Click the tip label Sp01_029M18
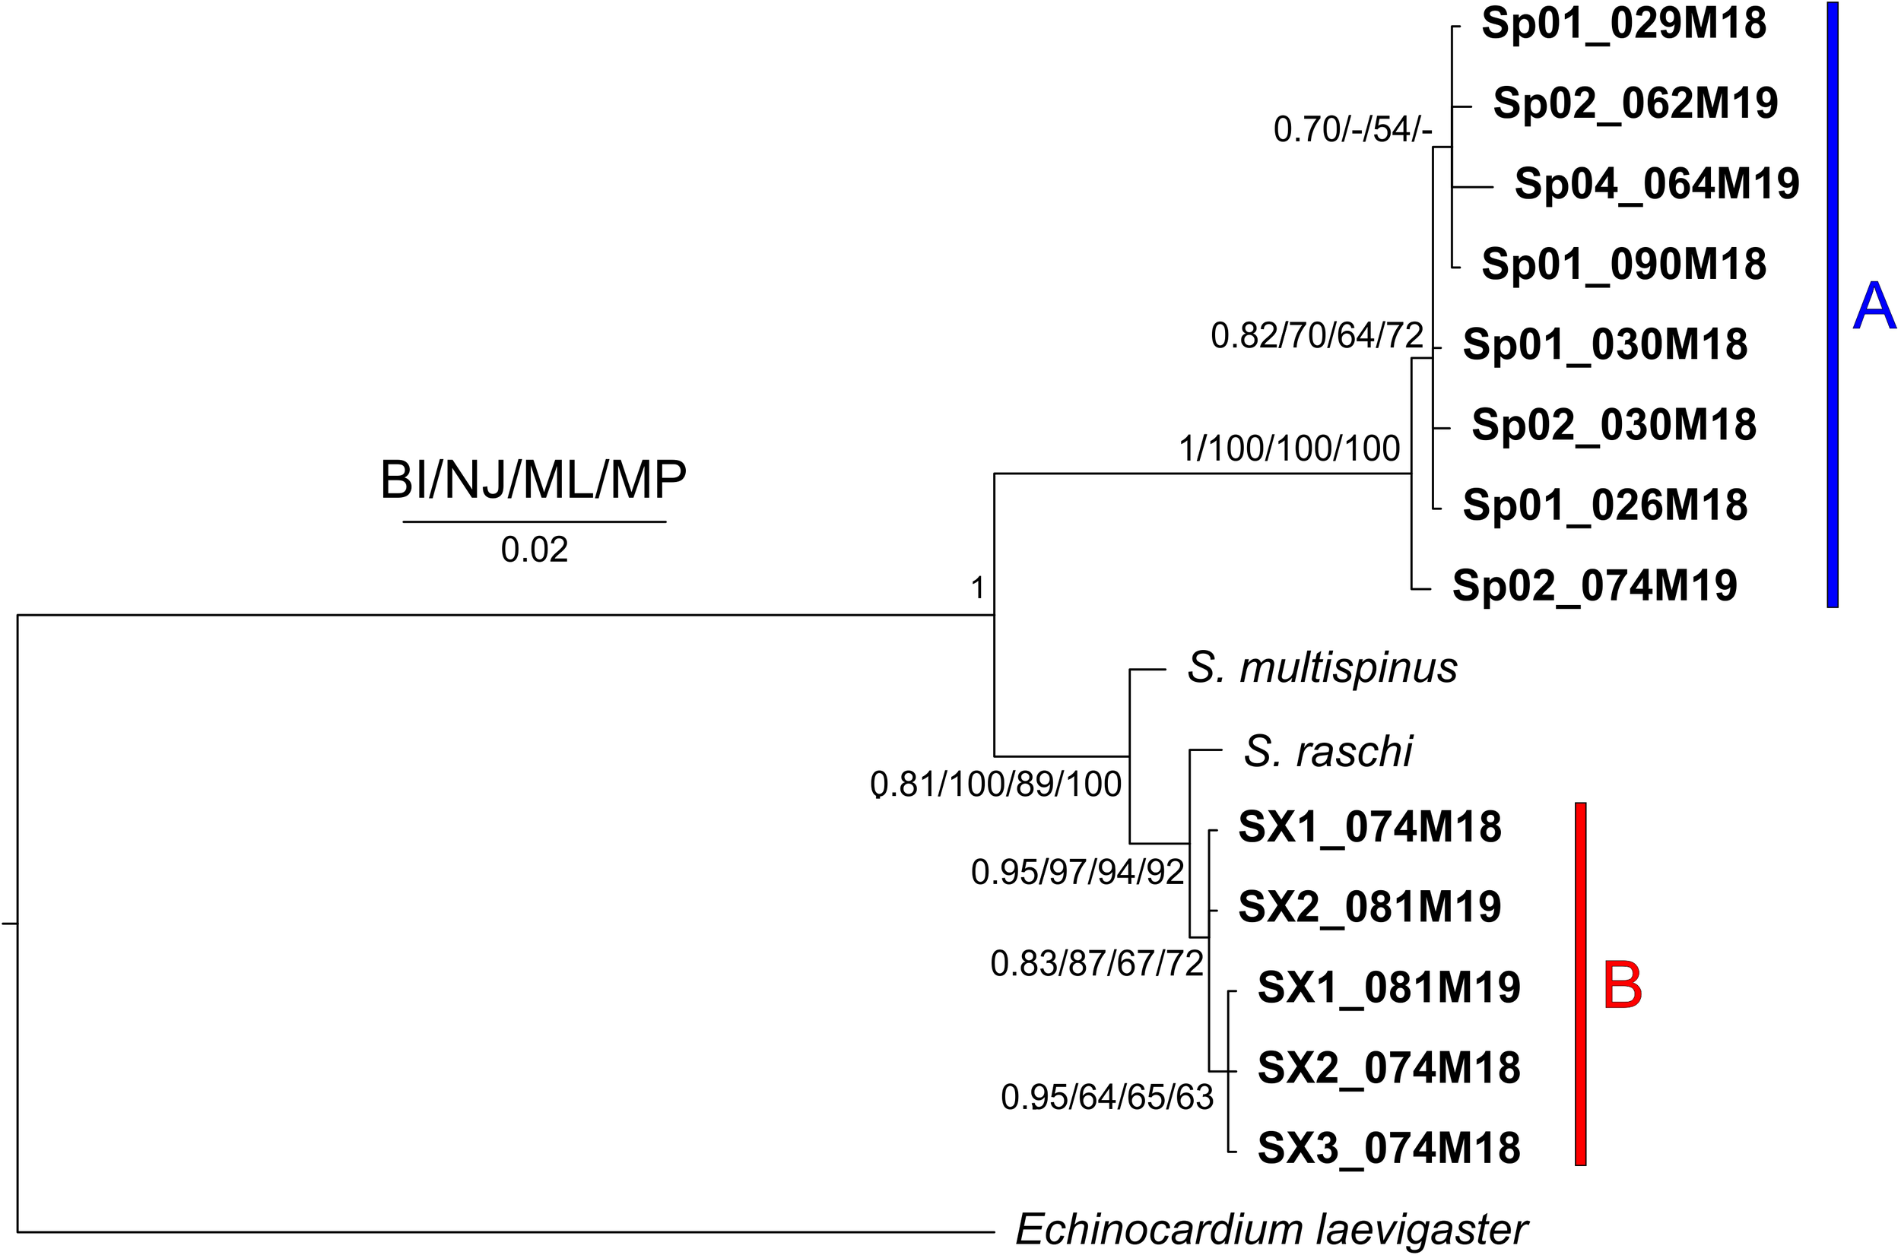point(1623,24)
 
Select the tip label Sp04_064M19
point(1657,184)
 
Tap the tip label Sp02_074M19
point(1595,586)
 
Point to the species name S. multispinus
point(1322,667)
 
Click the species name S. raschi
point(1328,752)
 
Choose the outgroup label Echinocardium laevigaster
point(1272,1229)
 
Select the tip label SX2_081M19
point(1369,908)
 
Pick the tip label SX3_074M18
point(1388,1149)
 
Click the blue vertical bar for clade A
point(1832,304)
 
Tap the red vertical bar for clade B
point(1580,984)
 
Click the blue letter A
point(1874,307)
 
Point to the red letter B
point(1623,986)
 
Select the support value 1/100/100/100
point(1290,449)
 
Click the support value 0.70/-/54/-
point(1352,130)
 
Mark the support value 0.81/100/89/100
point(995,784)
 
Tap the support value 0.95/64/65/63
point(1107,1098)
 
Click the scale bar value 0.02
point(534,550)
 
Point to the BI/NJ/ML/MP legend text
point(533,480)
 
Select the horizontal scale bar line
point(534,522)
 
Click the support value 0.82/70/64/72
point(1317,335)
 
